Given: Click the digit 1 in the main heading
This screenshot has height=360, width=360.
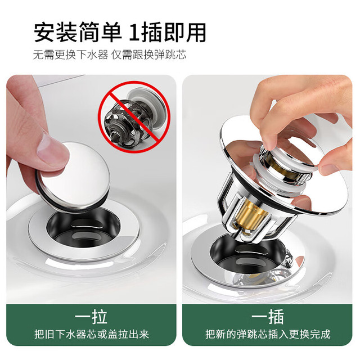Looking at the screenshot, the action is tap(134, 33).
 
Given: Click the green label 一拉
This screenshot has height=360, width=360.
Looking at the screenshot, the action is tap(91, 317).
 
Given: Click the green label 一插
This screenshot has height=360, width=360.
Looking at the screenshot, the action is tap(268, 317).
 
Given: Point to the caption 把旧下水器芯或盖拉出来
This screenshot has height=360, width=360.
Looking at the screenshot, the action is tap(91, 334).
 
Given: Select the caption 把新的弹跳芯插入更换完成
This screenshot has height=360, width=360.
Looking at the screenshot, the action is tap(268, 334).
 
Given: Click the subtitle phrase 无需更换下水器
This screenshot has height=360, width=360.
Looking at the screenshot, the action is tap(71, 55).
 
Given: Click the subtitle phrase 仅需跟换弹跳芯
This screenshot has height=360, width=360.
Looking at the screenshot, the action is tap(148, 55).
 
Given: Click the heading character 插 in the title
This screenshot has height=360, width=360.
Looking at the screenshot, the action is tap(151, 33).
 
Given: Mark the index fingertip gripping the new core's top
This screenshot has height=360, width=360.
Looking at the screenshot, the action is tap(270, 142).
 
